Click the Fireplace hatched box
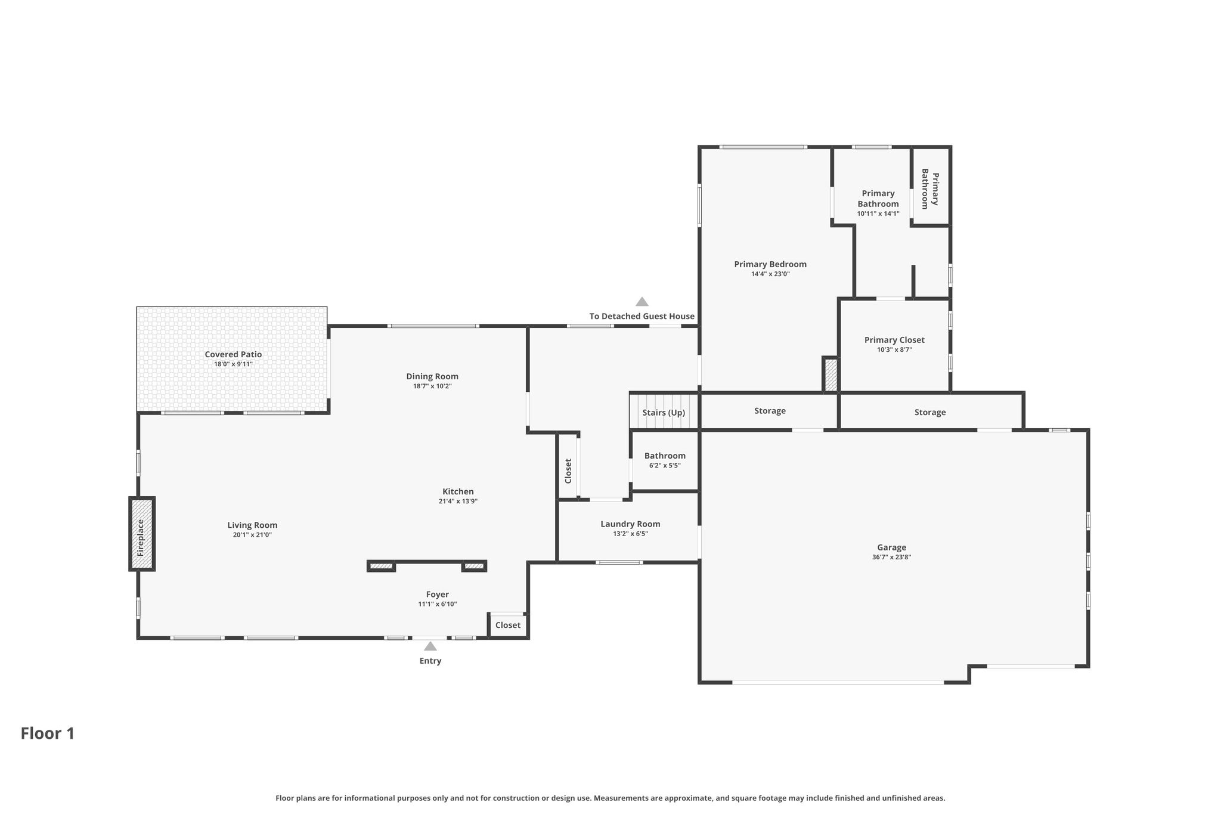(142, 534)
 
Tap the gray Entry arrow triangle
(430, 646)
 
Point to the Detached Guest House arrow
(642, 302)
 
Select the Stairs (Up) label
(664, 413)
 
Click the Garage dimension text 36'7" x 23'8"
(891, 558)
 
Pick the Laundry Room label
(630, 524)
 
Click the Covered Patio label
(233, 354)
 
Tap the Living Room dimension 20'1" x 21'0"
(252, 535)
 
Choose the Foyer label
(437, 595)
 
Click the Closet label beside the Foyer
(508, 625)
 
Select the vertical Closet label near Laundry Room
(568, 471)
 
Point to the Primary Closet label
(894, 340)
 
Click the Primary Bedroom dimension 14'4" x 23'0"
(770, 274)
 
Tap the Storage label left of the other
(770, 411)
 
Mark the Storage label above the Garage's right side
(930, 412)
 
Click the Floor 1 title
(48, 733)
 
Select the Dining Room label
(432, 376)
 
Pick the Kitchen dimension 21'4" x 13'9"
(458, 502)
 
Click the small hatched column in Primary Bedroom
(830, 374)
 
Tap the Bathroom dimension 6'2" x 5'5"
(665, 466)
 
